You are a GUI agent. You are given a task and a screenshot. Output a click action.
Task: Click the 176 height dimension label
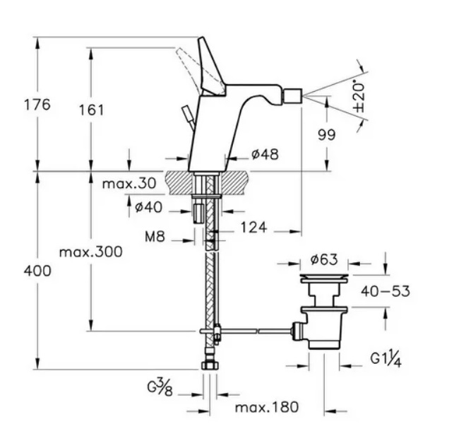click(x=37, y=105)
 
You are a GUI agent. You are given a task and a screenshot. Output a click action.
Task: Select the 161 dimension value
click(x=91, y=110)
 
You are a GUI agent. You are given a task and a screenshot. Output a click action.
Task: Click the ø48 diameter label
click(x=265, y=154)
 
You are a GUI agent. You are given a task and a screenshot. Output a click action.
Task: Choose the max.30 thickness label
click(x=129, y=184)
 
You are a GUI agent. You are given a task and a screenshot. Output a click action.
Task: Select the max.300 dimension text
click(x=90, y=252)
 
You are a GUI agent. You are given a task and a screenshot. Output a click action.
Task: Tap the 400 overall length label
click(x=37, y=271)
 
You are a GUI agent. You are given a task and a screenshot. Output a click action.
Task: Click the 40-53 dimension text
click(x=384, y=291)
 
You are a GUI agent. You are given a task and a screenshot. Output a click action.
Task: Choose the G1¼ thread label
click(x=386, y=360)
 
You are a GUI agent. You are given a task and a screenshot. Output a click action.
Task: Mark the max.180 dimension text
click(x=267, y=407)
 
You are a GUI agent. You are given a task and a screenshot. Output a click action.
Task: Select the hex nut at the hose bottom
click(x=210, y=365)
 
